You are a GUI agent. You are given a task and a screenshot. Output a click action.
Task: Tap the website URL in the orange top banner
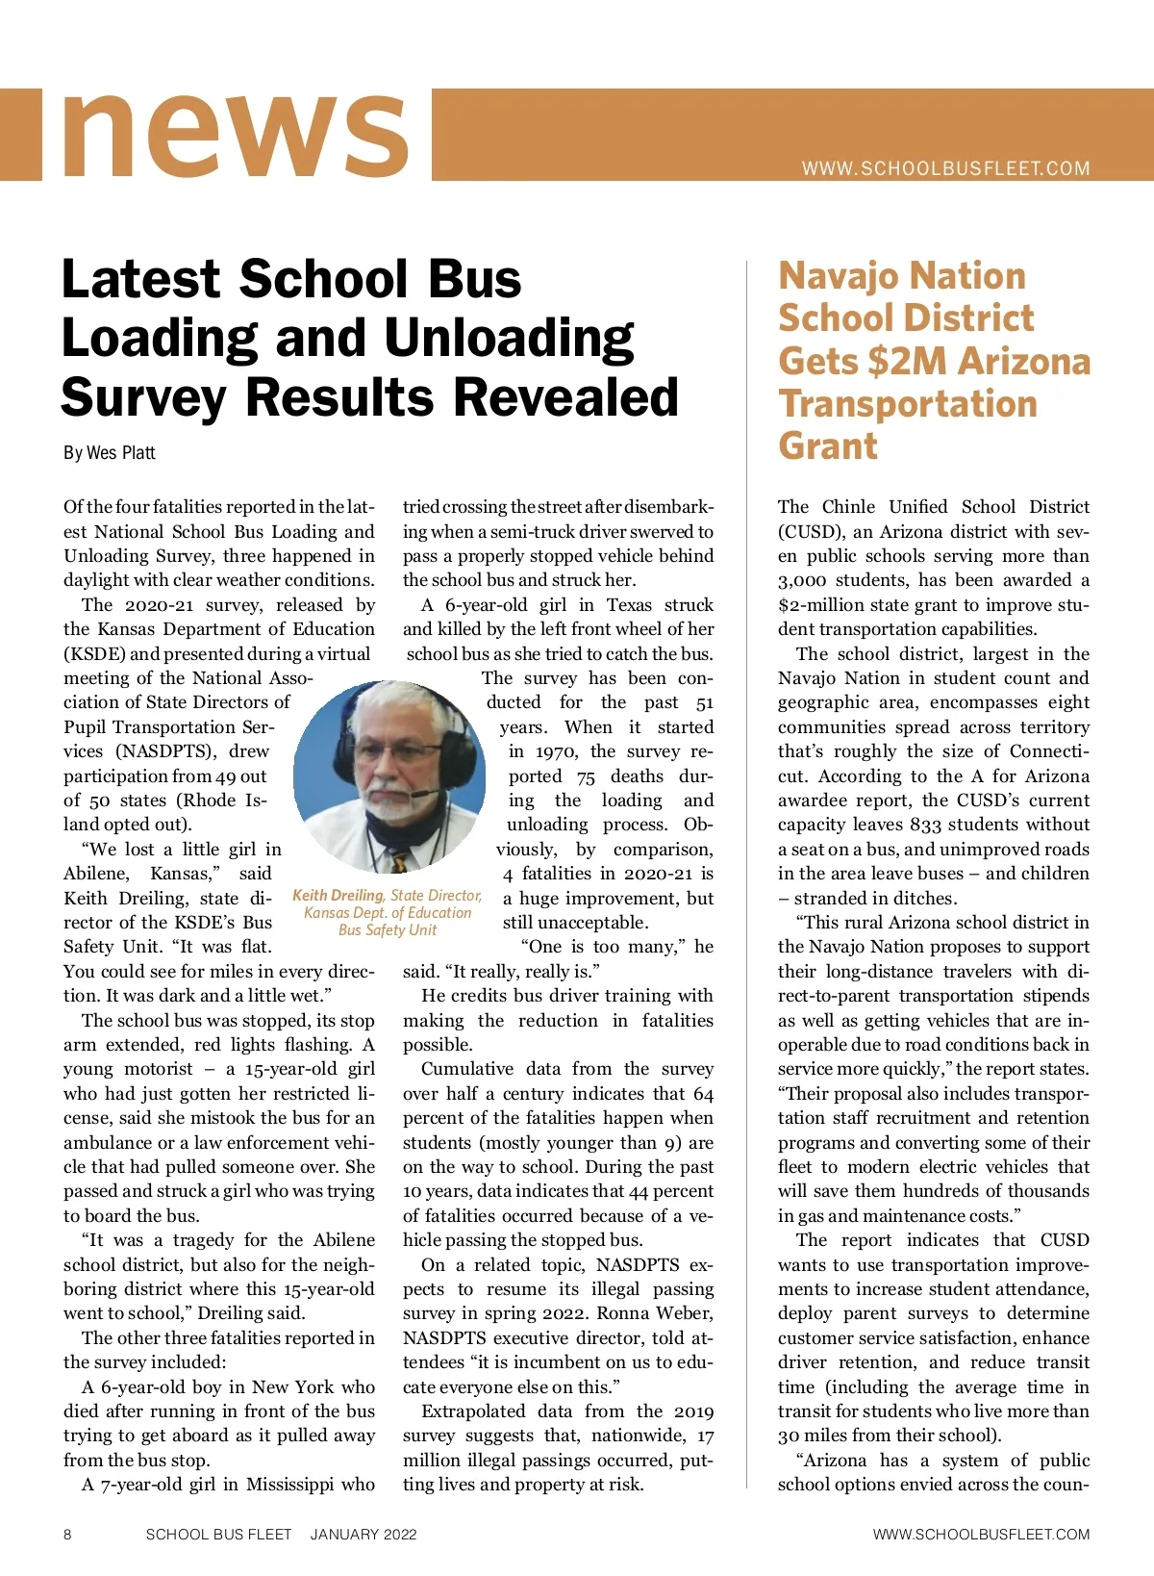946,168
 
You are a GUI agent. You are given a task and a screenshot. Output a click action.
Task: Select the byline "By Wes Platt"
110,452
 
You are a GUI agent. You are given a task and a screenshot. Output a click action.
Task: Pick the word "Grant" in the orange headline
828,445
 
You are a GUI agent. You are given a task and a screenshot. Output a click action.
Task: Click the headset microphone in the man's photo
423,795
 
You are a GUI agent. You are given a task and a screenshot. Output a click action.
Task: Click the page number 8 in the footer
67,1535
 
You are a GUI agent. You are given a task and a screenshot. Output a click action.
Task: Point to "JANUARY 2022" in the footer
364,1535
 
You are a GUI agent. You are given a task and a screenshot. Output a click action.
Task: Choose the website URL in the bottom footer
981,1535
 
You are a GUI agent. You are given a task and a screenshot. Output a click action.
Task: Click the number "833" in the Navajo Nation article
926,825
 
